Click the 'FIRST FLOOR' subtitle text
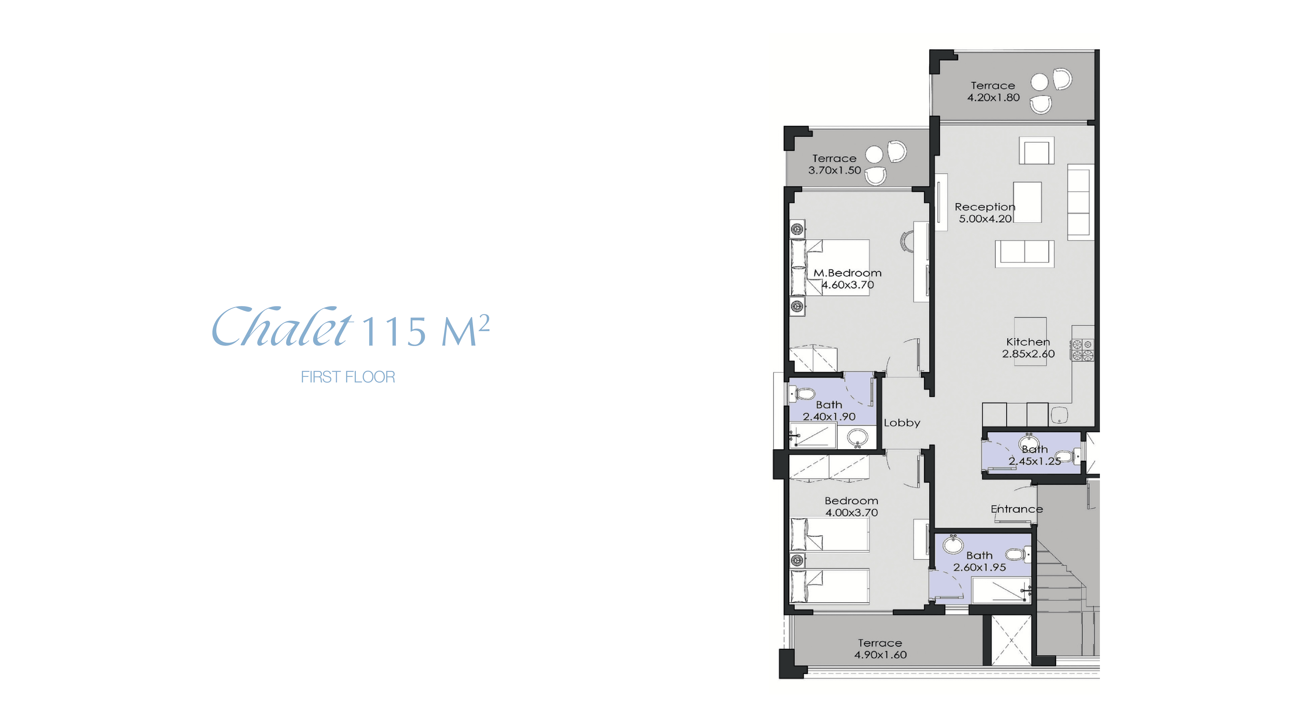[x=348, y=377]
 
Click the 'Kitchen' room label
[x=1028, y=342]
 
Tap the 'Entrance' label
[x=1017, y=509]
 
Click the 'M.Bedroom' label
[x=847, y=273]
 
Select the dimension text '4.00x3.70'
[x=851, y=513]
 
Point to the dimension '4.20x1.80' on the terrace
[x=993, y=97]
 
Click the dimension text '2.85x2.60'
[x=1028, y=354]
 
